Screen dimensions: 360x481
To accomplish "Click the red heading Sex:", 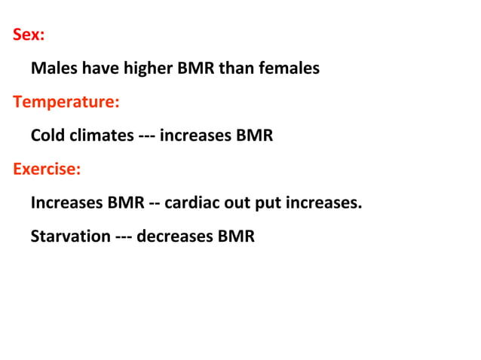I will tap(28, 35).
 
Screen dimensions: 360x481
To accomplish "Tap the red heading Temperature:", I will tap(65, 102).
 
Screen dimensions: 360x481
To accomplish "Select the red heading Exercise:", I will tap(46, 169).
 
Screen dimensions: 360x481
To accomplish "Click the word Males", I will tap(54, 69).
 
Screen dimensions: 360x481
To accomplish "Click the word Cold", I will tap(48, 136).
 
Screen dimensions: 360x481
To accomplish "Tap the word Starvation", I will tap(70, 236).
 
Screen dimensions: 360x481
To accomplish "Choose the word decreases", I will tap(175, 236).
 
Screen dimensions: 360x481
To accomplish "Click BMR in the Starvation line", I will tap(237, 236).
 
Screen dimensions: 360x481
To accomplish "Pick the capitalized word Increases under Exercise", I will tap(66, 203).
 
